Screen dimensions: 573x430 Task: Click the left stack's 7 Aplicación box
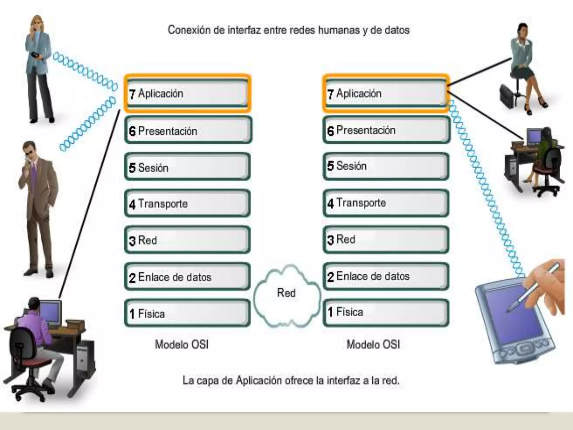(x=187, y=94)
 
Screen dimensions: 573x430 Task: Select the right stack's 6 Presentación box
(x=386, y=130)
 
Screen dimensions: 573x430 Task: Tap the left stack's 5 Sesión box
(x=187, y=167)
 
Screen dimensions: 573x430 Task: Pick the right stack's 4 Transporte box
(x=386, y=203)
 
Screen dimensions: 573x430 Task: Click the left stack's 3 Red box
(x=187, y=240)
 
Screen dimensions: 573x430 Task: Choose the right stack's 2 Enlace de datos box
(x=386, y=277)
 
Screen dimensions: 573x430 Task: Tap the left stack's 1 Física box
(x=187, y=313)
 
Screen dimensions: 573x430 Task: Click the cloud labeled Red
(x=286, y=295)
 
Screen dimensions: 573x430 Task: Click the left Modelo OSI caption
(x=182, y=345)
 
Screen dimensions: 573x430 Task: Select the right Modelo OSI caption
(x=374, y=345)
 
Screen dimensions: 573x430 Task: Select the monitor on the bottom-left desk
(x=50, y=312)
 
